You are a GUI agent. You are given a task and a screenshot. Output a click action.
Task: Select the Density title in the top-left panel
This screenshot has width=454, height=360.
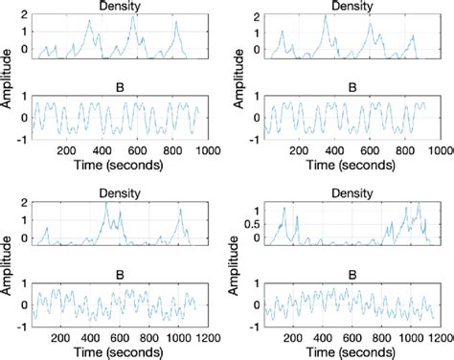click(116, 7)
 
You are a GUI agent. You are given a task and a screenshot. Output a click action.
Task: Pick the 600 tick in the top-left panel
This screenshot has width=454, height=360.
click(136, 150)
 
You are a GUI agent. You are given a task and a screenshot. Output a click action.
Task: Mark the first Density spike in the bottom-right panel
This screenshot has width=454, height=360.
click(284, 207)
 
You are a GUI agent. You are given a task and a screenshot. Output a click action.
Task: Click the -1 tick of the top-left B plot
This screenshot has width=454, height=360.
click(26, 137)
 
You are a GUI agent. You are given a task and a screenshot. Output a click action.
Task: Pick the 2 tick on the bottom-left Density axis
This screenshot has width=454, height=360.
click(26, 204)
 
